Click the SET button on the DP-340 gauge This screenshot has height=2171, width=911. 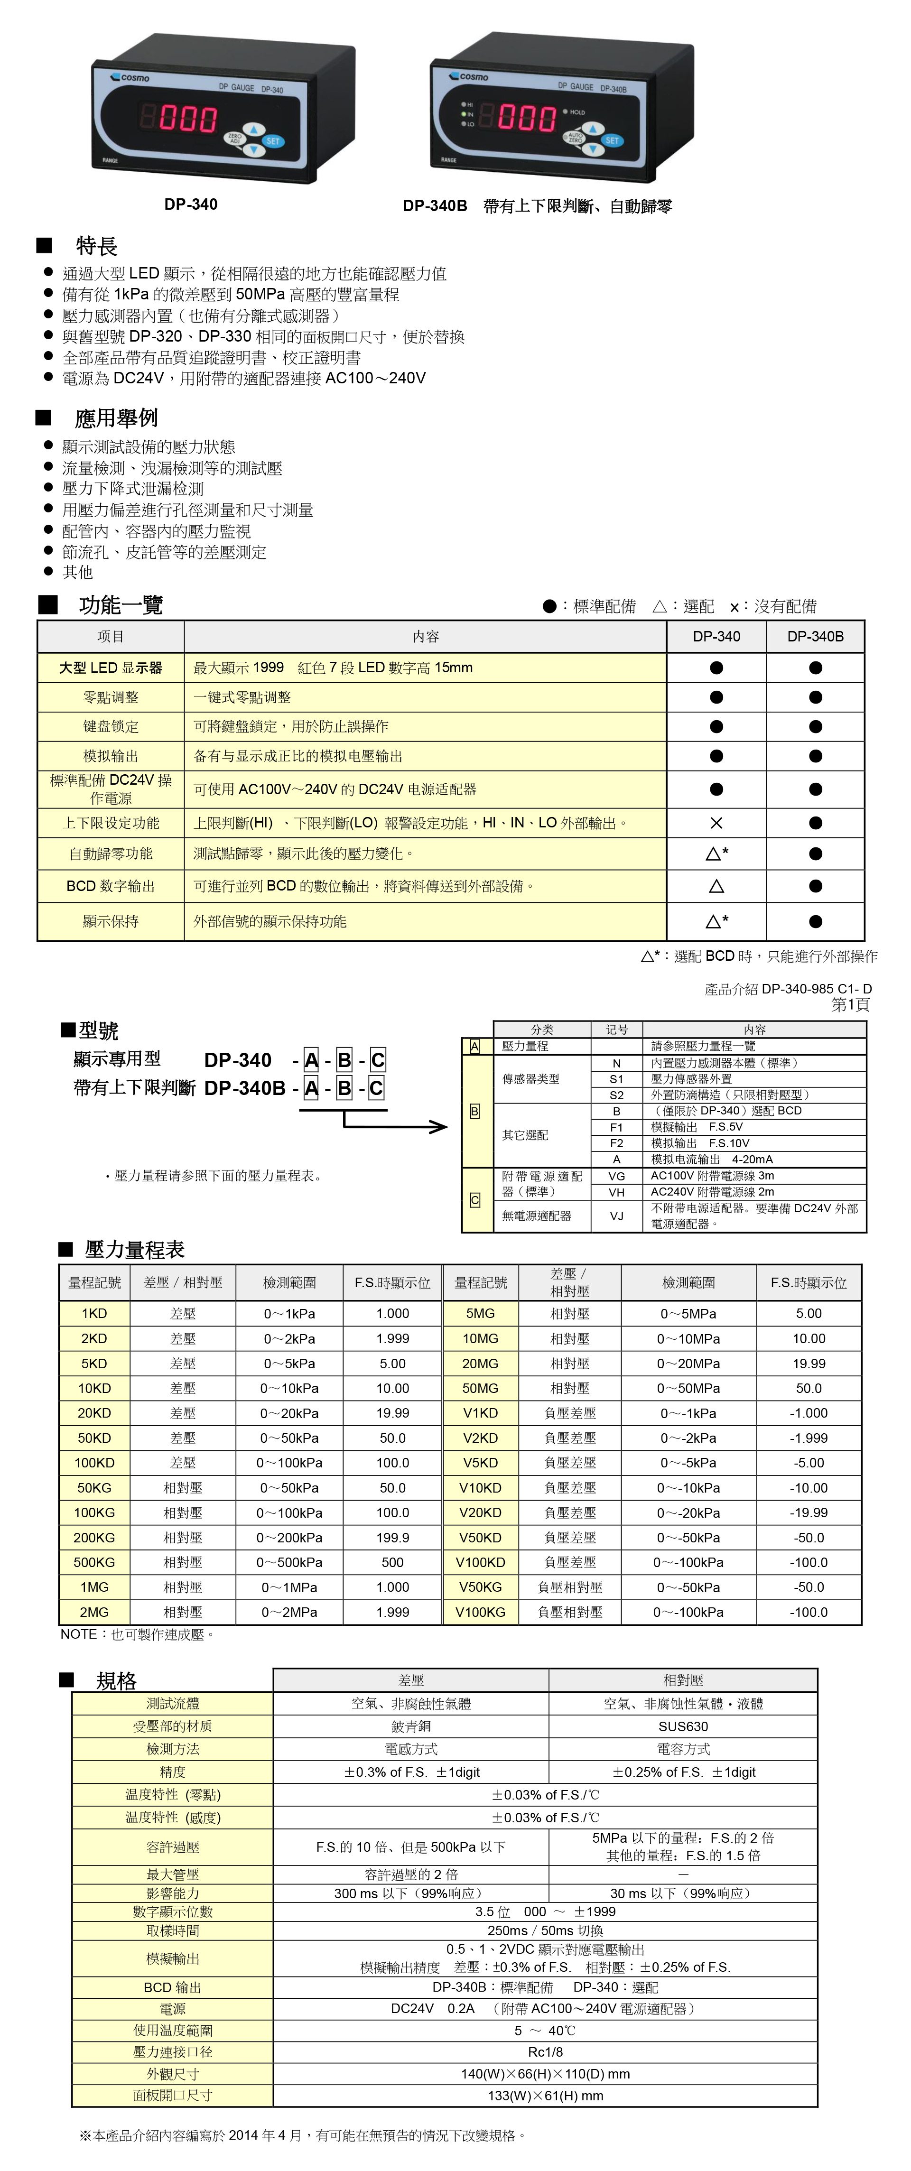272,141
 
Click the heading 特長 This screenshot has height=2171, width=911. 96,246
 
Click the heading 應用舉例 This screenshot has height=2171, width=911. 115,418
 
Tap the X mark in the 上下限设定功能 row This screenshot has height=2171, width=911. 716,824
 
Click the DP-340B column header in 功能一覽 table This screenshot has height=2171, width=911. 815,636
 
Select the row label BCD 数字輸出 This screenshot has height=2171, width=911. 111,886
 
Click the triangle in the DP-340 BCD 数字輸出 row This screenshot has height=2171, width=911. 716,886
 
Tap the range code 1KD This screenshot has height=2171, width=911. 94,1314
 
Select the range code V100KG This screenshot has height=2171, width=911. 480,1612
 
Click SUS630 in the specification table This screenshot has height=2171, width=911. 683,1726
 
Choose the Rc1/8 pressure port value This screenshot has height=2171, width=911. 545,2051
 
